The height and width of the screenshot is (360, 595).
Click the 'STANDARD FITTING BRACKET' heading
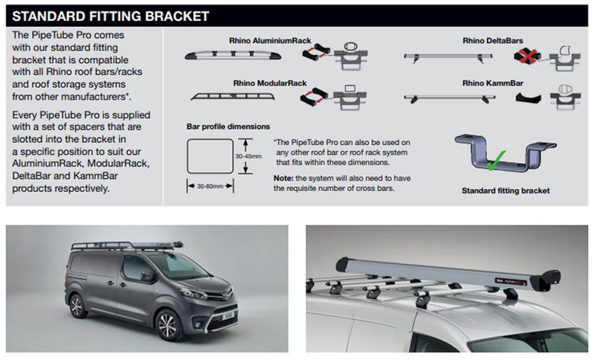point(111,16)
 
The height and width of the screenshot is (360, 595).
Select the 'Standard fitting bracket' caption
point(505,190)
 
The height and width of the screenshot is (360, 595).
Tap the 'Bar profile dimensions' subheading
point(228,126)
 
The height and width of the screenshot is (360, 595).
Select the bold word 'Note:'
point(283,179)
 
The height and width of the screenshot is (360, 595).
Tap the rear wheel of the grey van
point(77,306)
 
